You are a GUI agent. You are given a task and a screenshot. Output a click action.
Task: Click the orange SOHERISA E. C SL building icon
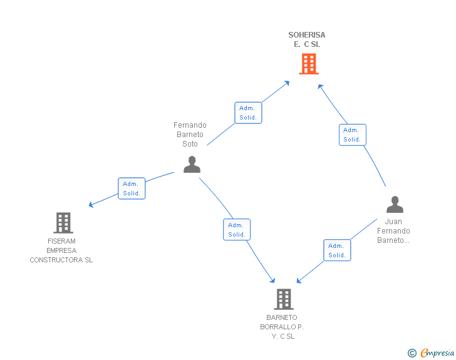[308, 64]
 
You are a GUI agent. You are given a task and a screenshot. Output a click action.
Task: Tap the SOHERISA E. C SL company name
[307, 39]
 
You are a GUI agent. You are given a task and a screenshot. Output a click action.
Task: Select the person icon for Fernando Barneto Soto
[192, 164]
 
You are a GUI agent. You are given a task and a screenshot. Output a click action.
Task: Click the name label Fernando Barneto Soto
[190, 135]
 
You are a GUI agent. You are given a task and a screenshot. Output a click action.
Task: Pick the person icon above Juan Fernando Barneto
[395, 205]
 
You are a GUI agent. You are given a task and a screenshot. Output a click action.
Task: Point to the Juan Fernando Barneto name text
[393, 231]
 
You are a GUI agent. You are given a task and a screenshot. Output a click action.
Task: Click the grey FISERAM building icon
[63, 222]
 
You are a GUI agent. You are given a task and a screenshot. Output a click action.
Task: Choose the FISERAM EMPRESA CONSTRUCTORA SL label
[61, 250]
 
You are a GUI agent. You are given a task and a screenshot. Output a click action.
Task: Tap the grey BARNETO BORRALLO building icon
[283, 299]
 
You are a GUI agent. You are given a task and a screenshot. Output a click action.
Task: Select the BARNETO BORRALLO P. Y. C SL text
[282, 327]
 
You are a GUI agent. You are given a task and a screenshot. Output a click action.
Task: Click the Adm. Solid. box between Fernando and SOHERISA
[248, 113]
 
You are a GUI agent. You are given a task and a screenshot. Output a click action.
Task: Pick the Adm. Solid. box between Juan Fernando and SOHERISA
[352, 135]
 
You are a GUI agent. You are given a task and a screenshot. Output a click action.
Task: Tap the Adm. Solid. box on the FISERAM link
[132, 188]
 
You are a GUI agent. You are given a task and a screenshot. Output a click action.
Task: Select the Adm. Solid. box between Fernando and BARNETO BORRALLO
[237, 230]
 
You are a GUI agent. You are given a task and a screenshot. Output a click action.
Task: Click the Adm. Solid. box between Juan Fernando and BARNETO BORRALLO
[337, 250]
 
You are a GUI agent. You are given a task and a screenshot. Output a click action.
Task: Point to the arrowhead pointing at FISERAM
[91, 204]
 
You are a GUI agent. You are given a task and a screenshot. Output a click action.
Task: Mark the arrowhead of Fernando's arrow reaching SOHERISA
[287, 82]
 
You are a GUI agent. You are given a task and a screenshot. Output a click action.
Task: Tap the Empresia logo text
[437, 353]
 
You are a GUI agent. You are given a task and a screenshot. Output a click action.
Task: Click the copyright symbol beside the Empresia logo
[412, 354]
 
